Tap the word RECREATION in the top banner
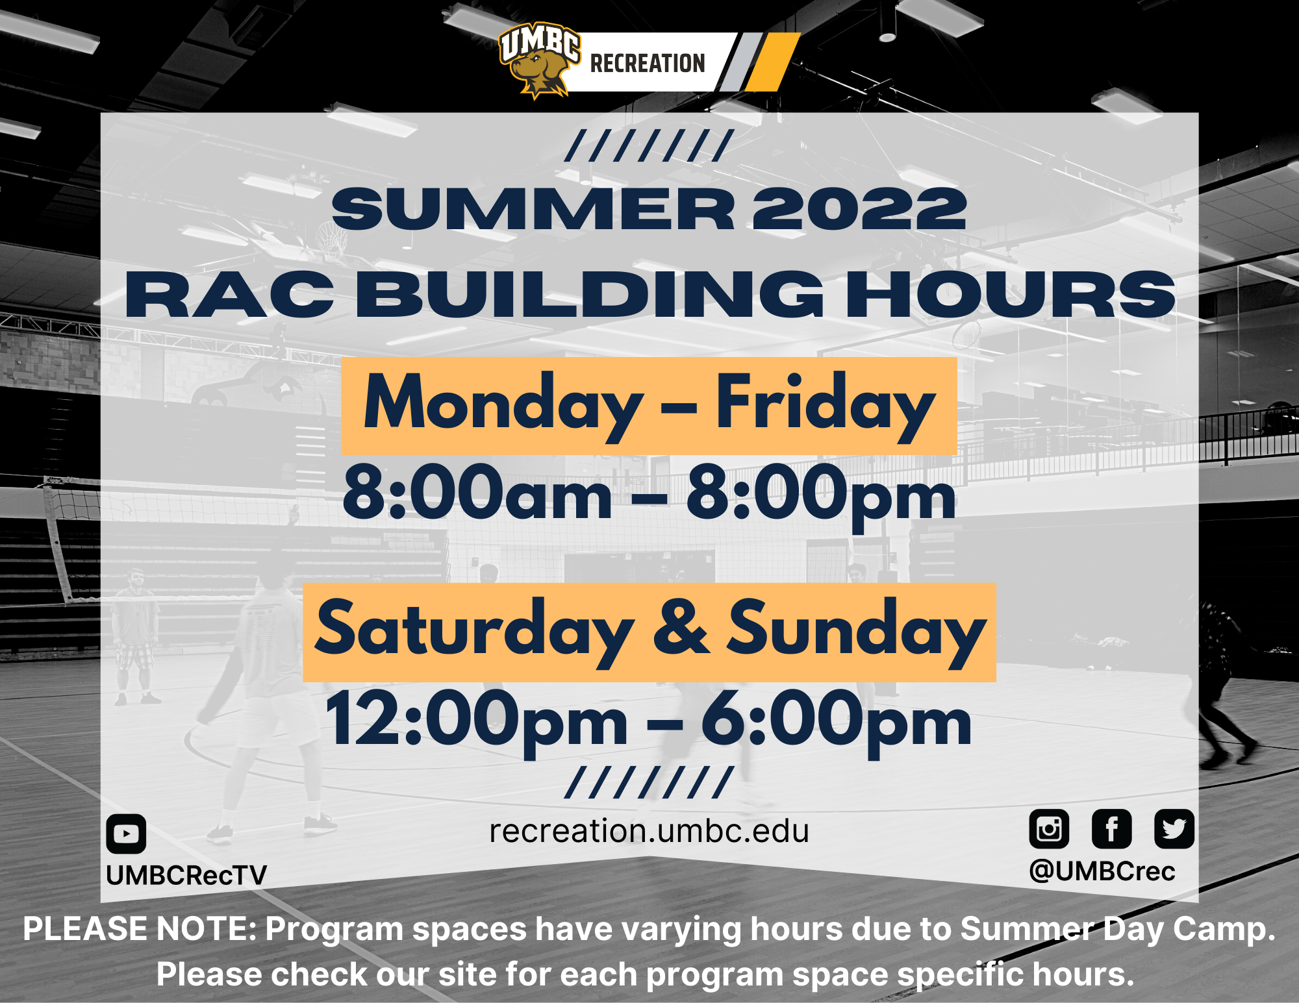pyautogui.click(x=648, y=64)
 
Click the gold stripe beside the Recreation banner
pyautogui.click(x=772, y=62)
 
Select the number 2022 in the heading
pyautogui.click(x=859, y=209)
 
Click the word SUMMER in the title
pyautogui.click(x=533, y=209)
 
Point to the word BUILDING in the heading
pyautogui.click(x=590, y=295)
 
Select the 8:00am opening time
pyautogui.click(x=477, y=493)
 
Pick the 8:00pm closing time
pyautogui.click(x=822, y=496)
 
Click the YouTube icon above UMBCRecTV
pyautogui.click(x=126, y=834)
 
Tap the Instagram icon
pyautogui.click(x=1049, y=829)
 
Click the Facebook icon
pyautogui.click(x=1111, y=829)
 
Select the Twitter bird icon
pyautogui.click(x=1174, y=829)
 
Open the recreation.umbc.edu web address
pyautogui.click(x=649, y=831)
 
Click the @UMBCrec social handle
pyautogui.click(x=1102, y=871)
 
